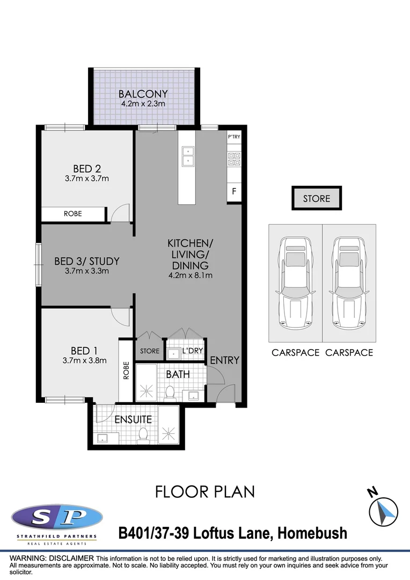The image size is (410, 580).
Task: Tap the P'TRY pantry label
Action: click(x=234, y=137)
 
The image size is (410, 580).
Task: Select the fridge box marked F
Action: click(x=234, y=191)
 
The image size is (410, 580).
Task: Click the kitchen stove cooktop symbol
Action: click(x=234, y=158)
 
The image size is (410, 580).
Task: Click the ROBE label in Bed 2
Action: click(x=73, y=214)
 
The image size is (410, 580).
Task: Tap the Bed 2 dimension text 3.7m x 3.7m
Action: click(x=86, y=178)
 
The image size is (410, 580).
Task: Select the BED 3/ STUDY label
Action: click(x=86, y=262)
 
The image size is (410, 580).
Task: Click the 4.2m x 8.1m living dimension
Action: click(x=190, y=276)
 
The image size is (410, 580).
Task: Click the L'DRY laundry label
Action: click(x=192, y=351)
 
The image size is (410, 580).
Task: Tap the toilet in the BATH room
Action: click(x=170, y=393)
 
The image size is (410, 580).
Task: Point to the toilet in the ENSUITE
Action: click(x=143, y=435)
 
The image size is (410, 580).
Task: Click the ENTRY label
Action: click(x=224, y=360)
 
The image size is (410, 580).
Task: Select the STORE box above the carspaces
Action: click(x=316, y=199)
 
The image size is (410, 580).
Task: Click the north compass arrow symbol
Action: click(x=384, y=510)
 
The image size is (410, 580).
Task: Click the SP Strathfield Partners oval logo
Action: click(x=56, y=518)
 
